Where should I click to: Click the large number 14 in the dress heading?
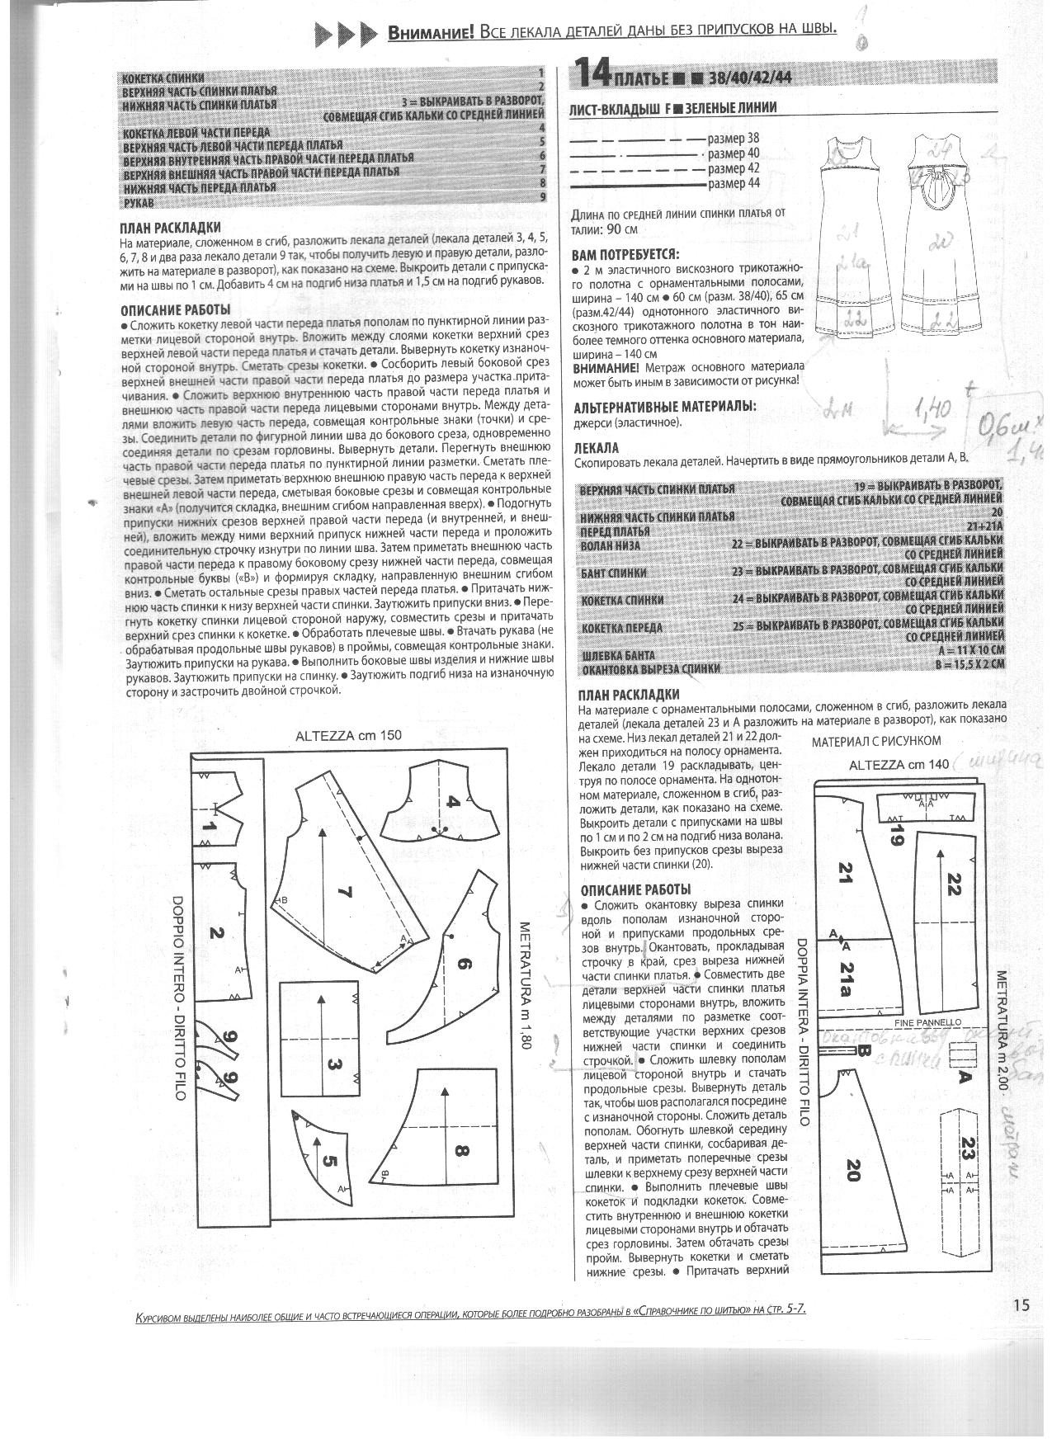(x=592, y=74)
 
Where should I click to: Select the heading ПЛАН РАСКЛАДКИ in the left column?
(x=171, y=228)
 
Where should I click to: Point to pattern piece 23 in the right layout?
(x=967, y=1147)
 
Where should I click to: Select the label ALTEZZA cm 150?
(x=348, y=735)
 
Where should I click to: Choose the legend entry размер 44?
(x=733, y=183)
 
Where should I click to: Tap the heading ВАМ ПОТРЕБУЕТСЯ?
(x=625, y=253)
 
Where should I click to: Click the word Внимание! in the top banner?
(x=431, y=32)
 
